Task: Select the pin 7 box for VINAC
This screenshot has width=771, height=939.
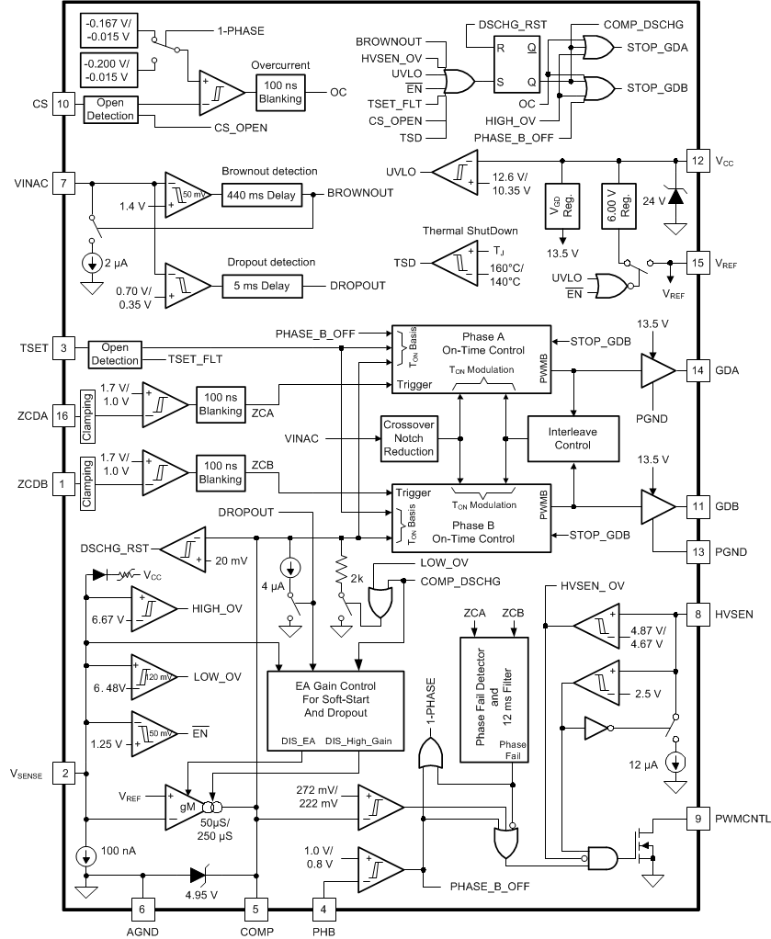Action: (63, 182)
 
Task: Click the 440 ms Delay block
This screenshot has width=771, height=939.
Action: (261, 194)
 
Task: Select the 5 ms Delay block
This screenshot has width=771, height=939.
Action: (261, 286)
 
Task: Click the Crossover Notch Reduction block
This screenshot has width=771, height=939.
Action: (408, 437)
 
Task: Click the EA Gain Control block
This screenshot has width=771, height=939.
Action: (334, 712)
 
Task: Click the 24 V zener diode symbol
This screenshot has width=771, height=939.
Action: (676, 195)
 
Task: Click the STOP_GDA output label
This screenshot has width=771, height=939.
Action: (658, 45)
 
